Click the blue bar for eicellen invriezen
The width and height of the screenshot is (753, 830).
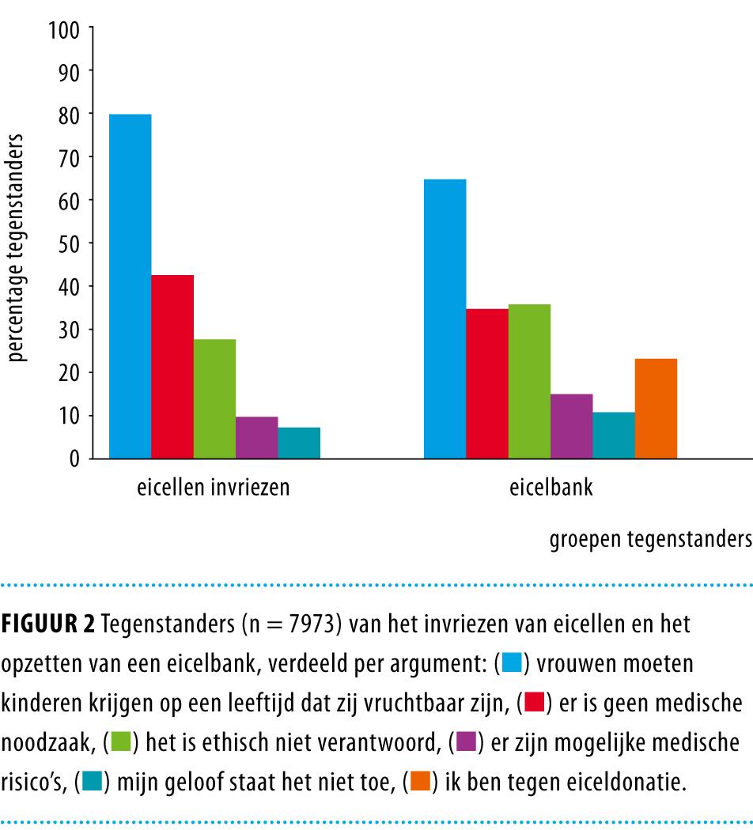click(131, 286)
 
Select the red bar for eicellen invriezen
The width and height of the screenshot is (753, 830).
click(172, 367)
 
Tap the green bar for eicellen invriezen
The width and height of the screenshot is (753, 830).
click(214, 398)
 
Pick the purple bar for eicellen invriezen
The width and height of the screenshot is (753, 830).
click(256, 437)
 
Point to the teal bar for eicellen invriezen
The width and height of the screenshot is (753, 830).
click(299, 443)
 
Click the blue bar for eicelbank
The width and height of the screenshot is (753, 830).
click(445, 319)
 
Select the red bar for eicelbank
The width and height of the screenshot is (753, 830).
click(487, 383)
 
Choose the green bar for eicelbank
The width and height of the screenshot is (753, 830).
click(529, 381)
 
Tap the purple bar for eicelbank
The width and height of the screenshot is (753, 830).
click(571, 426)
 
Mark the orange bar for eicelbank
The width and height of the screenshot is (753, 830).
click(656, 409)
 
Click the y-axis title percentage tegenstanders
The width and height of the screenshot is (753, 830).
click(18, 253)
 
